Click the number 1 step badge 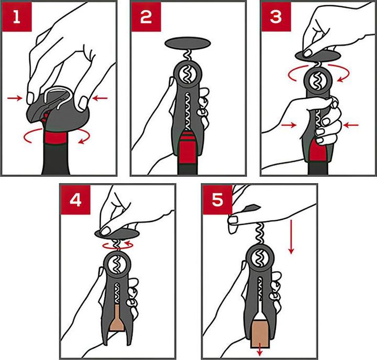[x=17, y=17]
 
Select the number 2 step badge [x=146, y=17]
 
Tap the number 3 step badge [x=276, y=17]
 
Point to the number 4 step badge [x=75, y=200]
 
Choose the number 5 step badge [x=217, y=200]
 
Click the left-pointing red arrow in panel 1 [x=100, y=98]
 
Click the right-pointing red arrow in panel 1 [x=15, y=98]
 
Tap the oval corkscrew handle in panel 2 [x=188, y=43]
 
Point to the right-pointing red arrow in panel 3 [x=289, y=125]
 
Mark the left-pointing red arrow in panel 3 [x=351, y=125]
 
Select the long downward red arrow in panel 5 [x=291, y=237]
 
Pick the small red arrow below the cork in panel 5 [x=260, y=352]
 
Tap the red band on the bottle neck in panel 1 [x=55, y=138]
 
